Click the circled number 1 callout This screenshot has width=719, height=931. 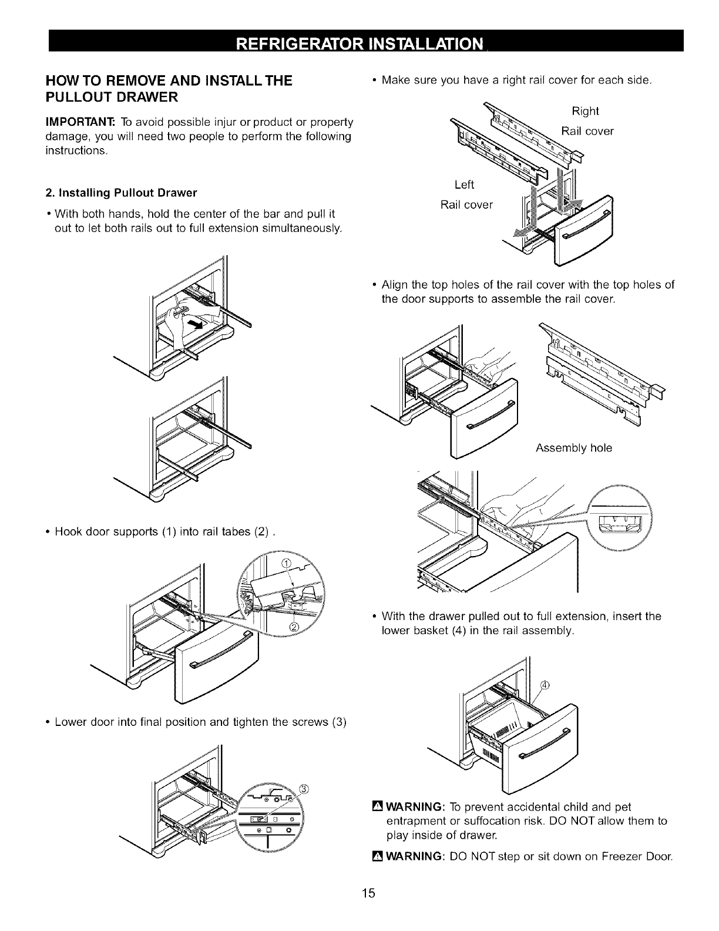(x=287, y=565)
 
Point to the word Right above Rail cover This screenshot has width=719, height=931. (x=585, y=112)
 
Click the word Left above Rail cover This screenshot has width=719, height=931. (x=465, y=185)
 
